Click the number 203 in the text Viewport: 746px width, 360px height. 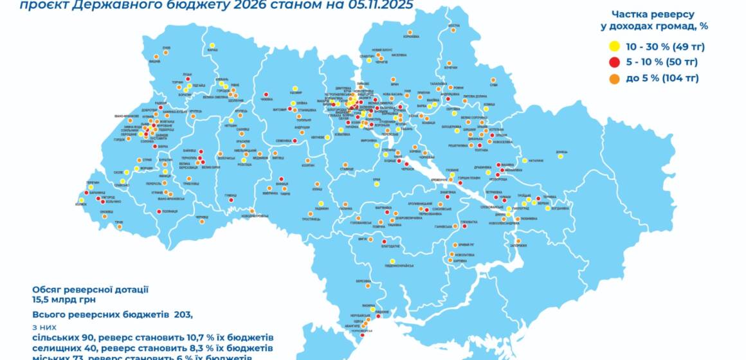(x=181, y=314)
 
